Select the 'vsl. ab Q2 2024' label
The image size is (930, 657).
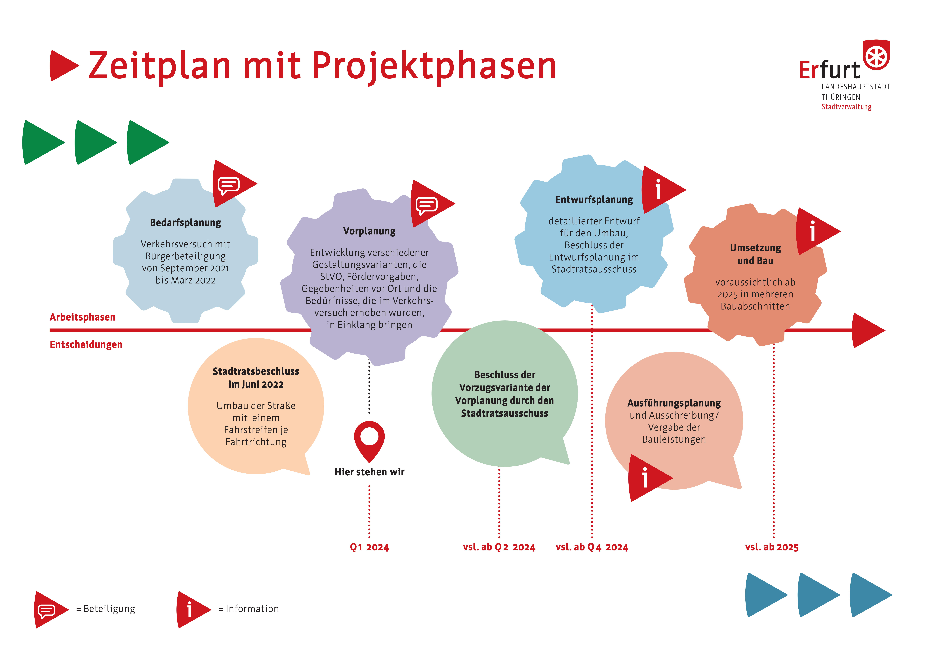click(x=499, y=547)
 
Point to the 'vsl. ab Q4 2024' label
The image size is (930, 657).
click(x=592, y=547)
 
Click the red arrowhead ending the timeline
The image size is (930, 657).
click(x=868, y=330)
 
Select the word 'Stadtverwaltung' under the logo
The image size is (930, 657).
click(x=846, y=107)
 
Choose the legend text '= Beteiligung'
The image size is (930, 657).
click(x=106, y=609)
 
